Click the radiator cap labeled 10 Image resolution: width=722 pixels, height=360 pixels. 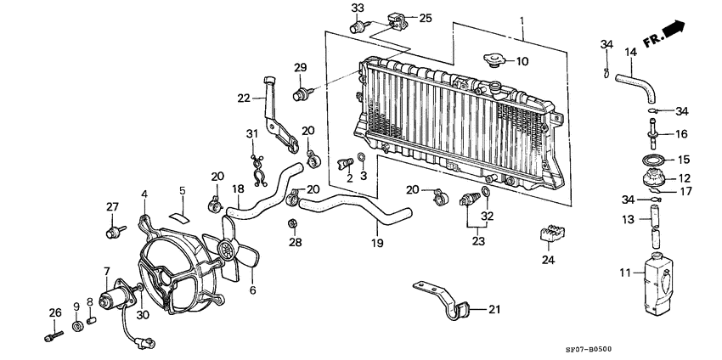click(x=492, y=61)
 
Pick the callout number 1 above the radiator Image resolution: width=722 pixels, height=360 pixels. click(x=522, y=19)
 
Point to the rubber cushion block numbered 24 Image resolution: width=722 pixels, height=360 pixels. click(x=550, y=233)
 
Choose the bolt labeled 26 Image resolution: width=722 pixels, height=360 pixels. click(x=53, y=333)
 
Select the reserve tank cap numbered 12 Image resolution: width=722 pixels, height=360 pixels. click(x=656, y=178)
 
